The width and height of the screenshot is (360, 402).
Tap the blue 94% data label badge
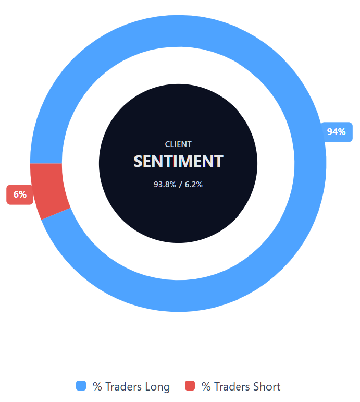(337, 132)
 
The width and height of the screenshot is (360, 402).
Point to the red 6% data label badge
(20, 194)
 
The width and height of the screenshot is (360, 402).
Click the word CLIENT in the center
(178, 144)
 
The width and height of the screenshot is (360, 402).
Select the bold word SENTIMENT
(178, 161)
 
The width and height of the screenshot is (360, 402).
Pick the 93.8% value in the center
(165, 185)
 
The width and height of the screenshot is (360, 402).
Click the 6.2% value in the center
(193, 185)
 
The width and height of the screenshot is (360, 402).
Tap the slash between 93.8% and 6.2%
(180, 185)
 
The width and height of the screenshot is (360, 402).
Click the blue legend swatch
(81, 386)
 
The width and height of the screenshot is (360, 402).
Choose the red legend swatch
(190, 386)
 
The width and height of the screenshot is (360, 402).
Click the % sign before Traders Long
(97, 386)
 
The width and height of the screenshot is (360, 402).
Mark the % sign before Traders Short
(206, 386)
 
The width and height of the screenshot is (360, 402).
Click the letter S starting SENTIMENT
(138, 161)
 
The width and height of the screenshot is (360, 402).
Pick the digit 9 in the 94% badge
(330, 132)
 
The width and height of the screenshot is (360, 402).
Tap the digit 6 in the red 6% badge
(16, 194)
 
